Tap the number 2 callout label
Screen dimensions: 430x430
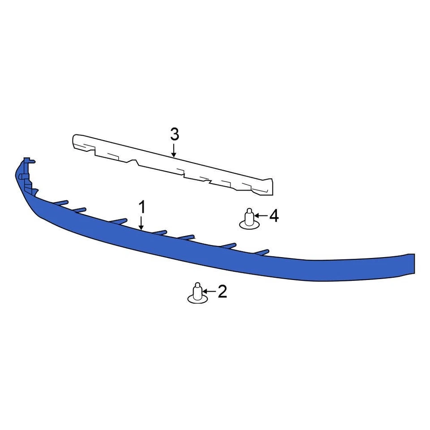click(x=222, y=292)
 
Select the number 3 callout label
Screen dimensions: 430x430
click(x=174, y=133)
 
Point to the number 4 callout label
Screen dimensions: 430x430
click(x=274, y=216)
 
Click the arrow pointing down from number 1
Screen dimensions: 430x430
click(x=142, y=223)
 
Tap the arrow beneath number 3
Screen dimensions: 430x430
click(x=174, y=149)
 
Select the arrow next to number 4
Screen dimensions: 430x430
click(x=262, y=216)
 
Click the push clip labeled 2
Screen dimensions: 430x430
click(x=197, y=293)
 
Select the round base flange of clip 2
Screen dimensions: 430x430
click(x=197, y=298)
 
